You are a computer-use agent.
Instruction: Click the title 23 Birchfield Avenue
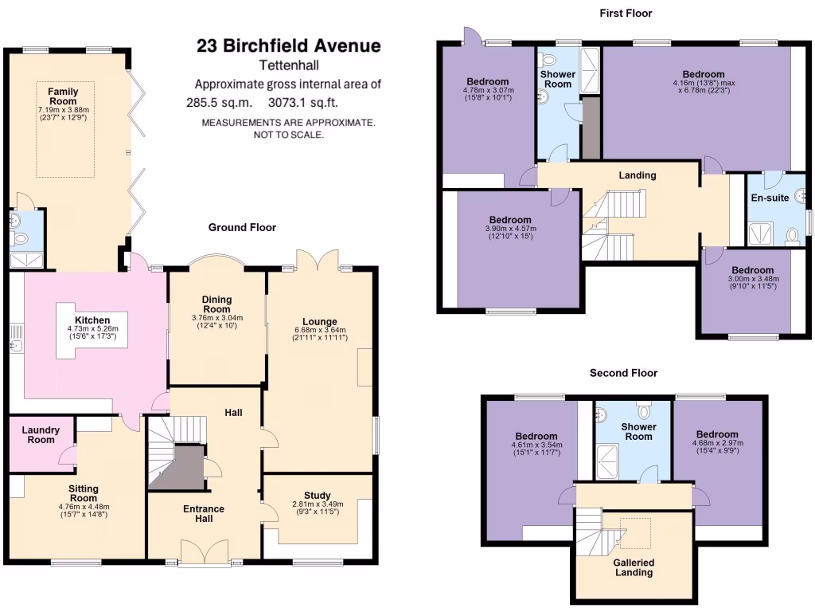click(288, 46)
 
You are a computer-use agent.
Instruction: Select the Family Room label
click(63, 96)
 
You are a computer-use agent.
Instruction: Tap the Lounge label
click(320, 322)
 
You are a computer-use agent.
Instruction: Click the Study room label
click(317, 496)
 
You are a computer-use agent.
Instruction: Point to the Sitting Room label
click(83, 493)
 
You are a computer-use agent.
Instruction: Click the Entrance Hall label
click(204, 514)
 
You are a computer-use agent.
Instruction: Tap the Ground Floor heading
click(242, 228)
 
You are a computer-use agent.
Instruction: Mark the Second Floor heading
click(623, 373)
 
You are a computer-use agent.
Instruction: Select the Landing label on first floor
click(638, 175)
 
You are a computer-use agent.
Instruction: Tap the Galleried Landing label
click(634, 567)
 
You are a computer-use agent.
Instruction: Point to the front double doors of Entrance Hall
click(204, 553)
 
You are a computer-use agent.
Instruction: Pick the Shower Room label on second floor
click(638, 431)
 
